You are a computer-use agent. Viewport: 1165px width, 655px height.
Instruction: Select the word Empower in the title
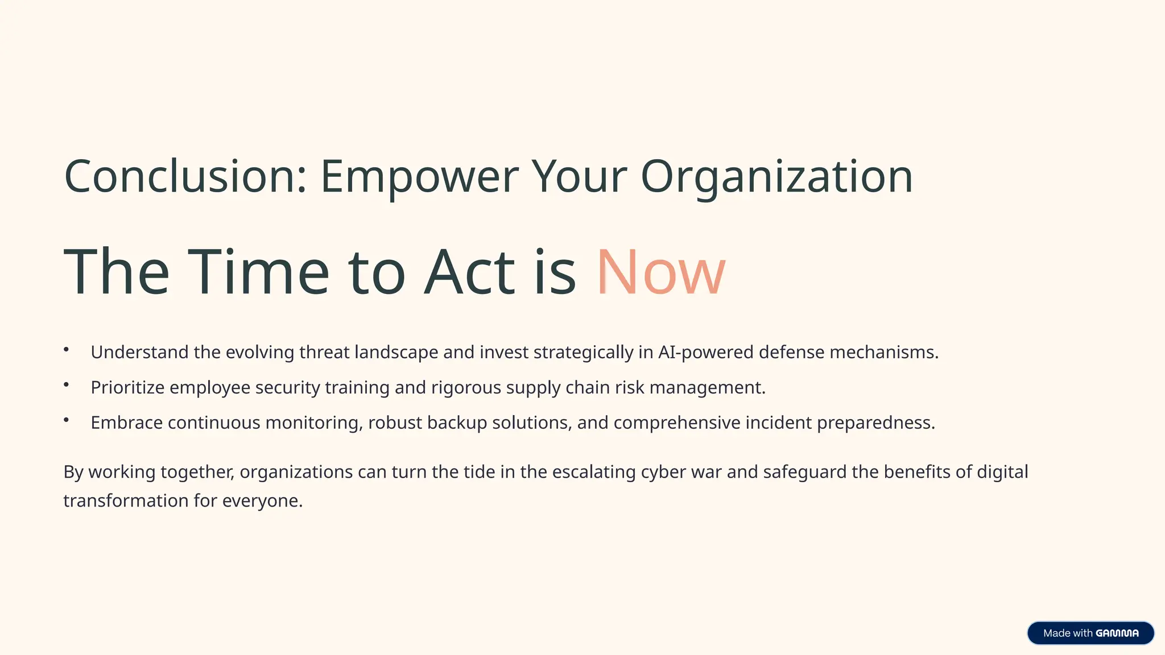click(x=419, y=177)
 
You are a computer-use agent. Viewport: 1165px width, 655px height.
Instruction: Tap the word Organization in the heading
click(x=776, y=177)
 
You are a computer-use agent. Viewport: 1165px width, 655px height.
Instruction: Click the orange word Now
click(x=661, y=272)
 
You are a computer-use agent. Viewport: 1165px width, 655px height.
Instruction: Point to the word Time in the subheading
click(x=258, y=272)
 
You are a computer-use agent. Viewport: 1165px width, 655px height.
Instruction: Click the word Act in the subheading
click(x=469, y=272)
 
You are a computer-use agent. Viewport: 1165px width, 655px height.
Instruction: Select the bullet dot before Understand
click(x=67, y=350)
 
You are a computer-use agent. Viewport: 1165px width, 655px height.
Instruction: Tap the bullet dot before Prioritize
click(x=67, y=385)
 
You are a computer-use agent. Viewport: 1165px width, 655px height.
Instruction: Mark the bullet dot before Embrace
click(x=67, y=420)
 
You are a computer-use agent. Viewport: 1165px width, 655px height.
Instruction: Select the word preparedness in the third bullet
click(x=875, y=423)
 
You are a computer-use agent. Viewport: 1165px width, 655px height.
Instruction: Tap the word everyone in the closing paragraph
click(x=262, y=501)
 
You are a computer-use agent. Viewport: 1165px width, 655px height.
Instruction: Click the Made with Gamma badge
click(x=1090, y=633)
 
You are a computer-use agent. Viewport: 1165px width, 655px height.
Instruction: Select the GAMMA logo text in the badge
click(x=1117, y=633)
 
